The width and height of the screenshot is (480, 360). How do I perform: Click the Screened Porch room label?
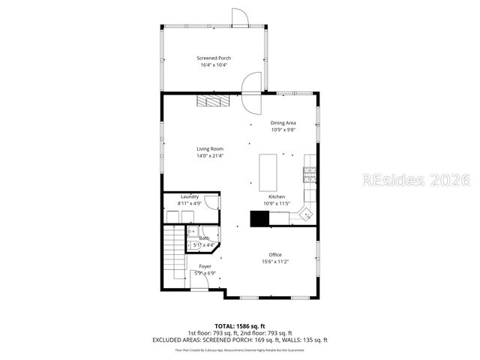214,58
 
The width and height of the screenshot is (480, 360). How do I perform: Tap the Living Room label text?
210,148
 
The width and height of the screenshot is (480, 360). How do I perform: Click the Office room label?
275,254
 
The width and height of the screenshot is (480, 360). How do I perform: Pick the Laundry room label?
189,196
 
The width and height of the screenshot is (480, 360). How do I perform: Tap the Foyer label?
205,266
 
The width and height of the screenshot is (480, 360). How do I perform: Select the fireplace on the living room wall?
211,101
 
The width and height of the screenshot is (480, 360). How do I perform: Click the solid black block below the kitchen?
259,218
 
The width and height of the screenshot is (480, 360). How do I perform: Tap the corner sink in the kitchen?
306,214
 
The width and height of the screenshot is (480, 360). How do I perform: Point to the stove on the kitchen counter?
308,175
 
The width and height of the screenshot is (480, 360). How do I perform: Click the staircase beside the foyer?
174,252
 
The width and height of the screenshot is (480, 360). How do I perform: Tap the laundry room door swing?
211,202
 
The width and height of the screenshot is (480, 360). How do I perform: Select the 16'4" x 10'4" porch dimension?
214,65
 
